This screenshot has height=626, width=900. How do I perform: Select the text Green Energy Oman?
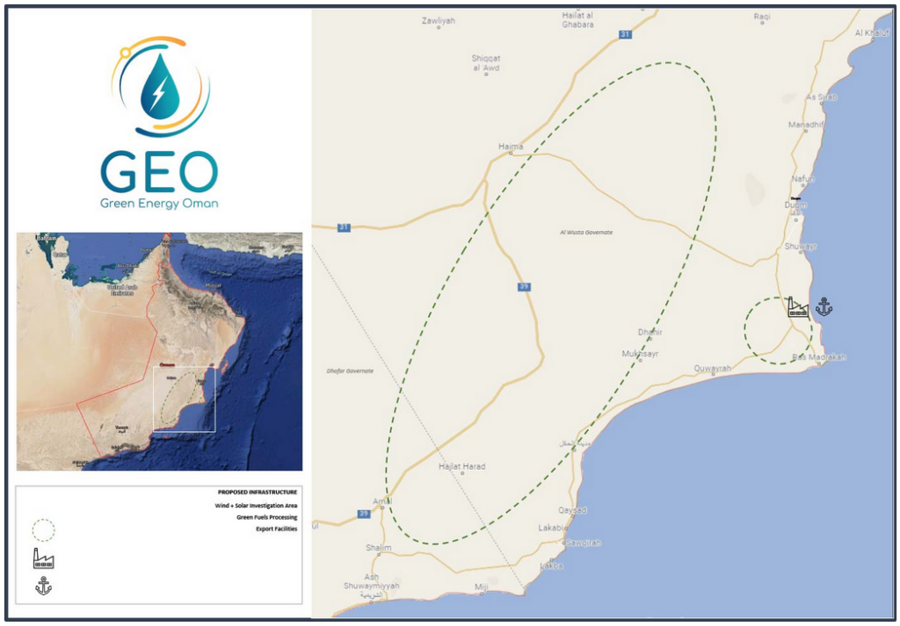(x=160, y=204)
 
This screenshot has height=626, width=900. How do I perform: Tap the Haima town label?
(x=510, y=147)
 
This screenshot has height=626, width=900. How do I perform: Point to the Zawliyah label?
(x=438, y=20)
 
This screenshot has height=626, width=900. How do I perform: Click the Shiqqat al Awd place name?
(x=486, y=63)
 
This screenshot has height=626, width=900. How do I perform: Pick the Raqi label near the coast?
(x=761, y=17)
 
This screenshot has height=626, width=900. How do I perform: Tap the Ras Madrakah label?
(x=818, y=357)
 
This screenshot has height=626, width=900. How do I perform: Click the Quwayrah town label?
(x=713, y=369)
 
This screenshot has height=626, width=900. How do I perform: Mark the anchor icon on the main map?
(x=824, y=306)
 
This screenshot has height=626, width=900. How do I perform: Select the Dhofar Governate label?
(x=350, y=371)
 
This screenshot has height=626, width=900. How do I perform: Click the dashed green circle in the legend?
(x=43, y=530)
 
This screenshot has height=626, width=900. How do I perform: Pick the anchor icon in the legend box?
(x=43, y=586)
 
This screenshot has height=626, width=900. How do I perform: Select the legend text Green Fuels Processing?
(x=266, y=517)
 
